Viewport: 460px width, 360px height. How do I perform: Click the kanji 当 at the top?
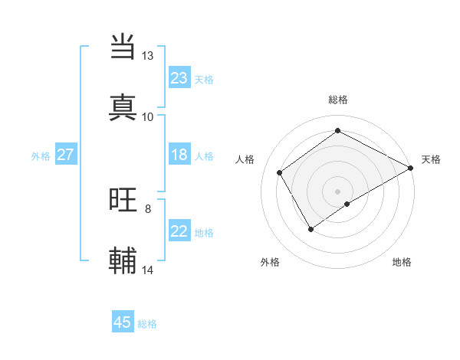[x=123, y=47]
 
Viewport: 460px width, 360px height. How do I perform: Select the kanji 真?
[x=123, y=106]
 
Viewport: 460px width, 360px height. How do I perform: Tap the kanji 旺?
[x=123, y=200]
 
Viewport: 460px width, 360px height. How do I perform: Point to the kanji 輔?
[x=123, y=260]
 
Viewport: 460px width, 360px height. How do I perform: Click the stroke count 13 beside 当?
[x=147, y=56]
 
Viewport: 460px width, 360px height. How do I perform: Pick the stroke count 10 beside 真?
[x=147, y=116]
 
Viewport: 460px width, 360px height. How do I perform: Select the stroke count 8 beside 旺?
[x=148, y=208]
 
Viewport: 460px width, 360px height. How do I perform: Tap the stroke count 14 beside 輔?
[x=148, y=270]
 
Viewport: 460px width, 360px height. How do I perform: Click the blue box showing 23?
[x=179, y=78]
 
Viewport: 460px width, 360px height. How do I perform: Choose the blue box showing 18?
[x=179, y=155]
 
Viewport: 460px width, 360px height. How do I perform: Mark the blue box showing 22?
[x=179, y=231]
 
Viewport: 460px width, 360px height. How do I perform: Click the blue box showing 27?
[x=65, y=155]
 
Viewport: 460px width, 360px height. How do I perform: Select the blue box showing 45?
[x=123, y=322]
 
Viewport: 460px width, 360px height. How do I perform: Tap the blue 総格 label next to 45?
[x=147, y=324]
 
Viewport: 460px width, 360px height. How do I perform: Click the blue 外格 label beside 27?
[x=41, y=156]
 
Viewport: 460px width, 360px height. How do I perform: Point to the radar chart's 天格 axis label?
[x=431, y=159]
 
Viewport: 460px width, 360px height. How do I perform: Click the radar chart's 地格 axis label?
[x=402, y=262]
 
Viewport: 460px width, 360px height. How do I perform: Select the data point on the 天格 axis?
[x=411, y=169]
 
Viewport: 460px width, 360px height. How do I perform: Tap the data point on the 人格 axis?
[x=280, y=173]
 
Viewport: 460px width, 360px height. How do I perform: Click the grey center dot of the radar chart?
[x=337, y=191]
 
